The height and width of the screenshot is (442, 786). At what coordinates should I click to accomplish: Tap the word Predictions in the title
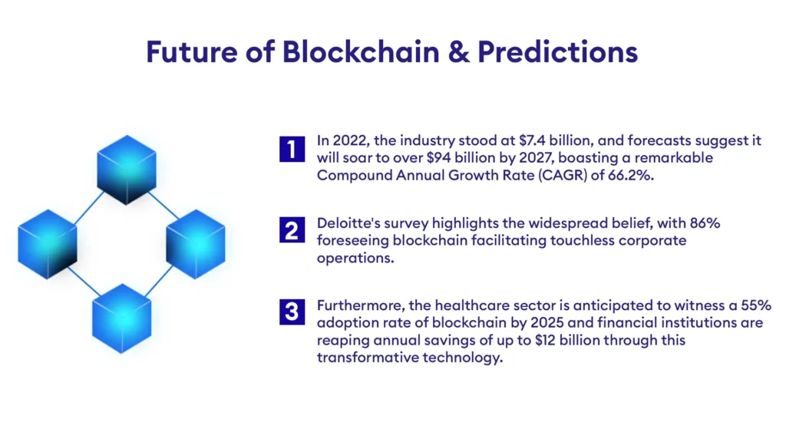pyautogui.click(x=558, y=51)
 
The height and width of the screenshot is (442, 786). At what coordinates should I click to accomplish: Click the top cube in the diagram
pyautogui.click(x=127, y=168)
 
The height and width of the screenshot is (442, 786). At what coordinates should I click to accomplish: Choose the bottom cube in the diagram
pyautogui.click(x=121, y=317)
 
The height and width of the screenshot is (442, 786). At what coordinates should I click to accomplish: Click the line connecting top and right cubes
pyautogui.click(x=163, y=205)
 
